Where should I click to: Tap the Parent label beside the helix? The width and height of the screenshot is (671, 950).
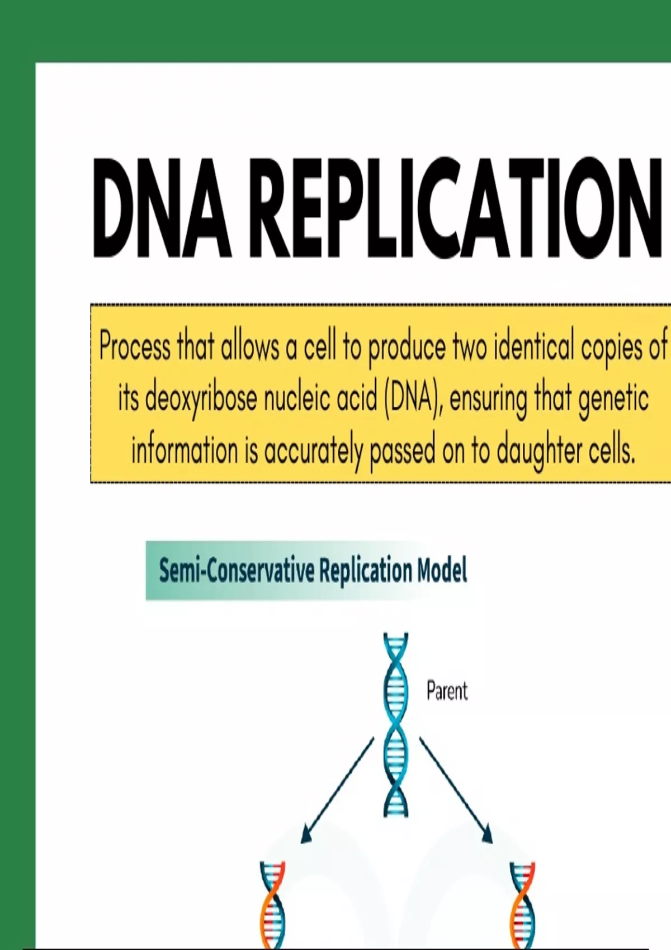click(447, 691)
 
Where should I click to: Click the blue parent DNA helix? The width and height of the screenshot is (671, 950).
click(395, 725)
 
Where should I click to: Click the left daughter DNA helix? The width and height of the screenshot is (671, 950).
click(272, 906)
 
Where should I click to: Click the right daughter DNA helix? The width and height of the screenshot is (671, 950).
click(522, 906)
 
